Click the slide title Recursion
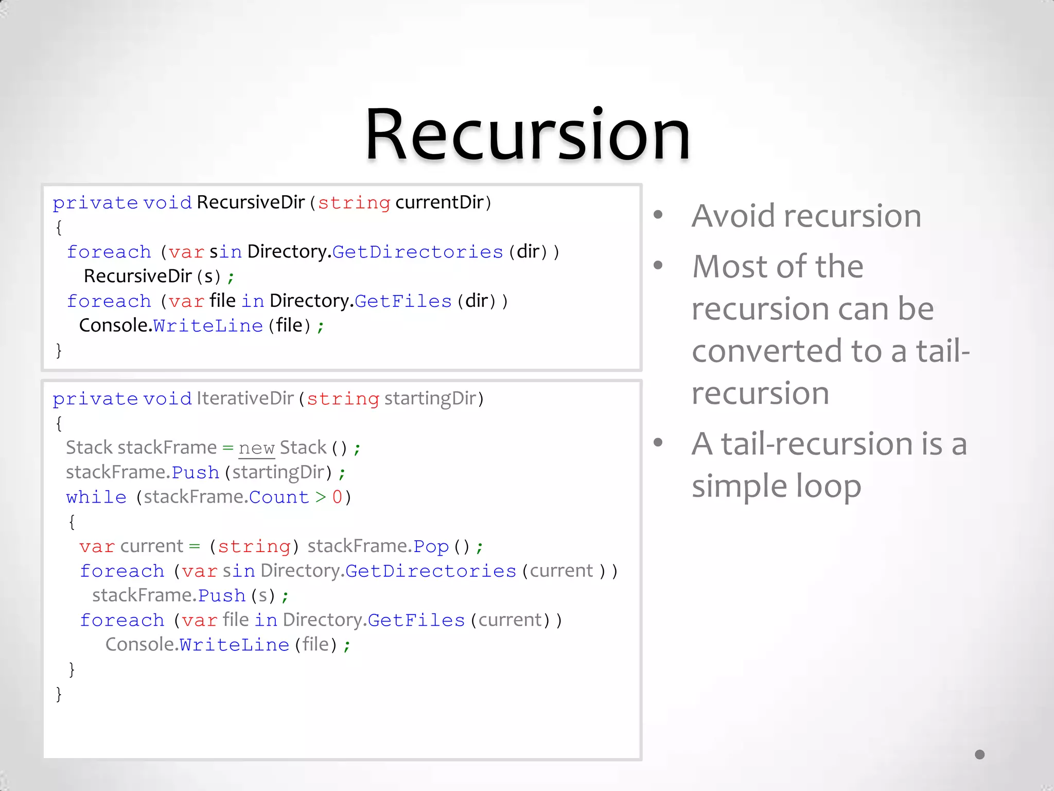[x=527, y=135]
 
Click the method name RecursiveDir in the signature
[x=251, y=202]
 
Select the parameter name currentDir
[x=440, y=202]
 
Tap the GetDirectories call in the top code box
[x=417, y=252]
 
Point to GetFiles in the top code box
[x=403, y=301]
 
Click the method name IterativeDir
[x=245, y=399]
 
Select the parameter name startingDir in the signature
[x=430, y=399]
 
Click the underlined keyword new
[x=256, y=448]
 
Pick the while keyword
[x=96, y=497]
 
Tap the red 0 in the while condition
[x=337, y=497]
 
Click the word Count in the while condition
[x=279, y=497]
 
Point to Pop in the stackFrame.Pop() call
[x=431, y=546]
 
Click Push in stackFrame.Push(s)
[x=222, y=596]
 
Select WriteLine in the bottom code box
[x=234, y=645]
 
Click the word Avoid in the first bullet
[x=733, y=216]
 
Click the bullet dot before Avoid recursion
[x=658, y=215]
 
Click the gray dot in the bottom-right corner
[x=980, y=754]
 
